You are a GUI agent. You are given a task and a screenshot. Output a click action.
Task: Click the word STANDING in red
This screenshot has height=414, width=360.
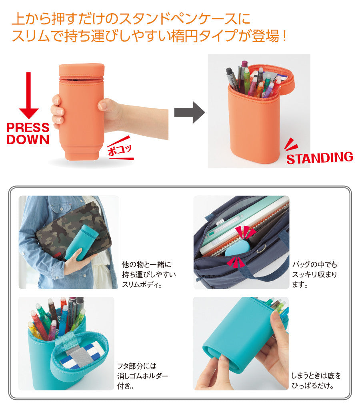319,158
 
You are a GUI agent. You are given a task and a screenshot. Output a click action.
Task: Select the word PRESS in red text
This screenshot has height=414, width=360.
28,128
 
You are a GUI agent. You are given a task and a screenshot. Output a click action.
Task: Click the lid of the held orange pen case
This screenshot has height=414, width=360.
81,70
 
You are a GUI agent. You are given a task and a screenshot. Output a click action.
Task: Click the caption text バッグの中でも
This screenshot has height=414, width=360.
314,265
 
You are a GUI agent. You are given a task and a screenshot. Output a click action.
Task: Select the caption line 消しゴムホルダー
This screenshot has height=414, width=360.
142,376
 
